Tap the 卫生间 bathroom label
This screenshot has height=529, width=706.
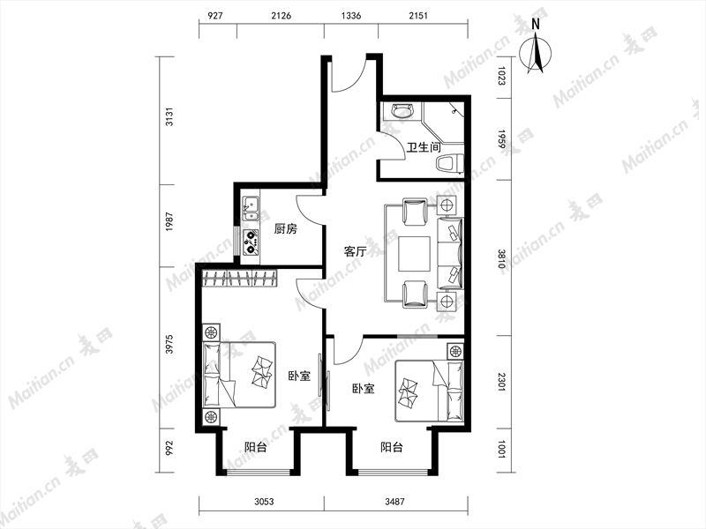click(x=424, y=147)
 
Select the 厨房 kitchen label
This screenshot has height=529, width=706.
click(x=285, y=229)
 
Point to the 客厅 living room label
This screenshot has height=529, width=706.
click(x=355, y=251)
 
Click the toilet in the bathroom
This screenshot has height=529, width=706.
click(x=450, y=164)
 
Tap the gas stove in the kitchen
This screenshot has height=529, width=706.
click(x=251, y=242)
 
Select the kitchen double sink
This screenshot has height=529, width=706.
click(x=251, y=210)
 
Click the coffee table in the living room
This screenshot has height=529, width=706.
click(x=414, y=254)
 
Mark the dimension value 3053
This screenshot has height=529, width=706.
click(x=264, y=502)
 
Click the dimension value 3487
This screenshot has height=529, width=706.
click(x=394, y=502)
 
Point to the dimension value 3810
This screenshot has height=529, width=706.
click(x=501, y=258)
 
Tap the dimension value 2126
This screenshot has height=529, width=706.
click(x=281, y=16)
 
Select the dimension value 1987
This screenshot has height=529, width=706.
click(x=169, y=222)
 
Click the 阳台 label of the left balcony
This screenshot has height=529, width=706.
click(x=256, y=448)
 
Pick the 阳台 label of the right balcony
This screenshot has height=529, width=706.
click(x=392, y=448)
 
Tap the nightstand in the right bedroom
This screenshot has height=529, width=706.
click(x=455, y=351)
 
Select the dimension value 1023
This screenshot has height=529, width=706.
click(x=501, y=76)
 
